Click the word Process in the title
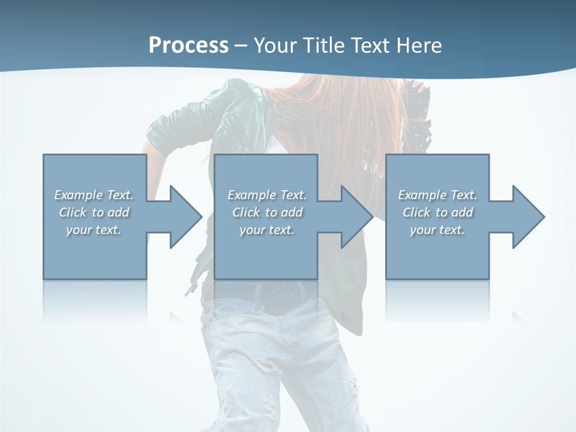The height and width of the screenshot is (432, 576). point(188,46)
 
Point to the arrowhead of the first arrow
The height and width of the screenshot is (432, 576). point(185,217)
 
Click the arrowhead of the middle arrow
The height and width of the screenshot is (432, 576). point(356,217)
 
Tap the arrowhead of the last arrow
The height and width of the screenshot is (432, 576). point(527,217)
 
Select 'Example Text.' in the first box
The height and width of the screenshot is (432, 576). point(94,195)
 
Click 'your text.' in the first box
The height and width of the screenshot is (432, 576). point(94,230)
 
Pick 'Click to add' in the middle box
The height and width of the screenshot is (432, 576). point(267,212)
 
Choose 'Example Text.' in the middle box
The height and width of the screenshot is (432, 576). point(267,195)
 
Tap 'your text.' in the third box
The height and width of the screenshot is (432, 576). point(437,230)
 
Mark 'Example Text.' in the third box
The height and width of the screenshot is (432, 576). point(437,195)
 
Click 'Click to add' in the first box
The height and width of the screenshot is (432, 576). point(94,212)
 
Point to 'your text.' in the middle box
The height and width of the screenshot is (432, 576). point(267,230)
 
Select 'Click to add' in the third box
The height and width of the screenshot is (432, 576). point(437,212)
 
